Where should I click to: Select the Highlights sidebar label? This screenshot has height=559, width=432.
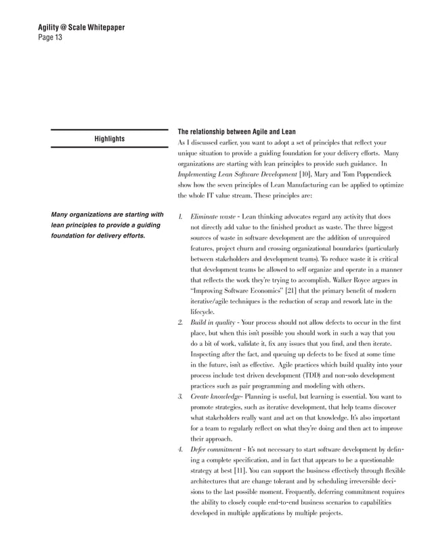point(108,139)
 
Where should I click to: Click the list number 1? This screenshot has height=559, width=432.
point(179,217)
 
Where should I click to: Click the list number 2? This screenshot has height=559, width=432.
point(179,323)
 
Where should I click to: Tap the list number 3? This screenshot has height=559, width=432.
point(179,396)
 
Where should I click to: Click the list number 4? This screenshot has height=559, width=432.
point(179,449)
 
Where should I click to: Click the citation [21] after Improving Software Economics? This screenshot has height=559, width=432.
point(290,291)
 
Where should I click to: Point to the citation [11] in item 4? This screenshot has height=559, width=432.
point(242,470)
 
